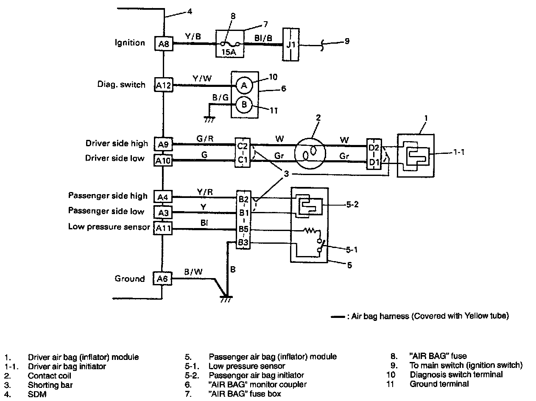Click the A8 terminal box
point(163,43)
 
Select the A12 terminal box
point(163,85)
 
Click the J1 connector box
point(290,45)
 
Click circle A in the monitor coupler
point(244,86)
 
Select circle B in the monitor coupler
point(244,104)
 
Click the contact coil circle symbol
point(310,153)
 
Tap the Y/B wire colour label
point(193,37)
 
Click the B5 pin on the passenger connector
point(243,230)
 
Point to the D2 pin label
point(374,147)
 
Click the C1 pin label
point(242,160)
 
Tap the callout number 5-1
point(350,249)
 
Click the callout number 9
point(347,42)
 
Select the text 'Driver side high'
point(117,143)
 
